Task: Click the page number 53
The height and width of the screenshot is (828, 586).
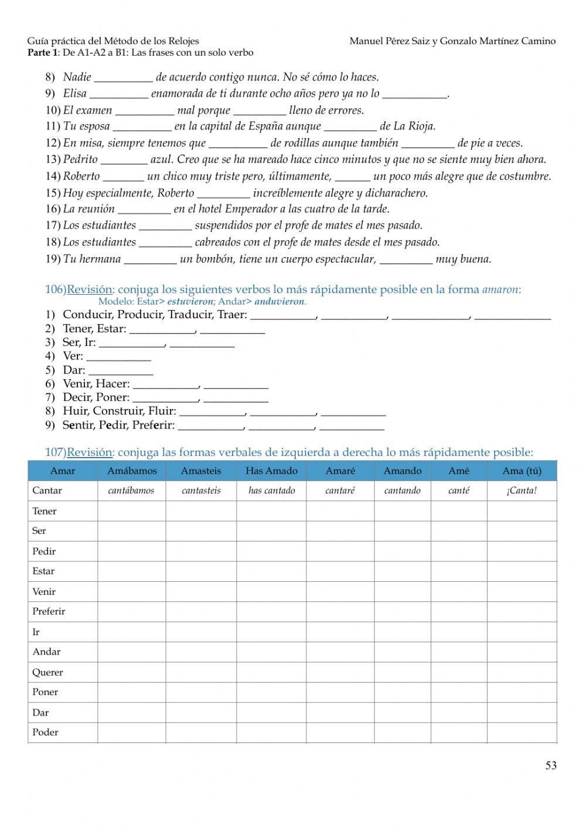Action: pyautogui.click(x=551, y=765)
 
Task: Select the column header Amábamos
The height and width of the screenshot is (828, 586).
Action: pyautogui.click(x=132, y=471)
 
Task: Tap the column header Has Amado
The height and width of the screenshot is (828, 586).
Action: pyautogui.click(x=271, y=471)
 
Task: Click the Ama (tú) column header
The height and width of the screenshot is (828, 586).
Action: pyautogui.click(x=522, y=471)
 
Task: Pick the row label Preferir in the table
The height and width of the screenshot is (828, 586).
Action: pyautogui.click(x=49, y=611)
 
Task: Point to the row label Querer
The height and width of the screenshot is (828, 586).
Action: pyautogui.click(x=47, y=672)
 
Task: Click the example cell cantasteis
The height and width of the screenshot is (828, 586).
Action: pyautogui.click(x=201, y=490)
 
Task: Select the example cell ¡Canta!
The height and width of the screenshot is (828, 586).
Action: pyautogui.click(x=522, y=490)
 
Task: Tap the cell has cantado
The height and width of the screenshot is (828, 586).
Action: pyautogui.click(x=271, y=490)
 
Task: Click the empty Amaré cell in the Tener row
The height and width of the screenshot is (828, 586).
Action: pyautogui.click(x=340, y=511)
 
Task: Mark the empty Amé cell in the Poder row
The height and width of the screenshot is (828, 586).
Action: pyautogui.click(x=458, y=732)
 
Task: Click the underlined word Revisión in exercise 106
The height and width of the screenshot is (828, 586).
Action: pyautogui.click(x=89, y=289)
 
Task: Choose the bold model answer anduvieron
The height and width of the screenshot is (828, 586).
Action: pyautogui.click(x=280, y=302)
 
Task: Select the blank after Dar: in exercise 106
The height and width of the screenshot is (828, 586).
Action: pyautogui.click(x=121, y=371)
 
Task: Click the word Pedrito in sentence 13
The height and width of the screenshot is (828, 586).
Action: pyautogui.click(x=80, y=159)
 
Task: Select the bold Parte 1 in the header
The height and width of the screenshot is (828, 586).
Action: pyautogui.click(x=42, y=53)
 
